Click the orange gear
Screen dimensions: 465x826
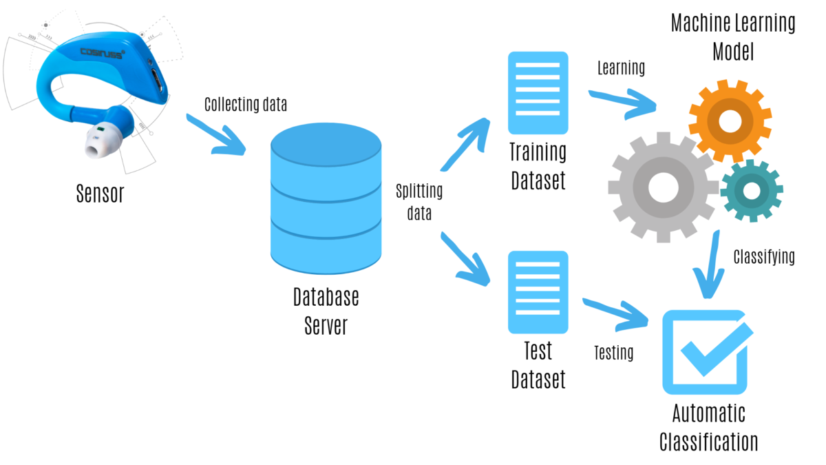pos(730,121)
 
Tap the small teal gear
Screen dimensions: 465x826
pos(751,190)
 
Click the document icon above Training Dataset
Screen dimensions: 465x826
pos(538,93)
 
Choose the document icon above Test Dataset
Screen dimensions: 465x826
pos(538,292)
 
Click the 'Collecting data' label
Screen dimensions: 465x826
pos(246,105)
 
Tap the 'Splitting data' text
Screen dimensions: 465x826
pos(420,202)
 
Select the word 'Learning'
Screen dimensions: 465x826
pos(621,68)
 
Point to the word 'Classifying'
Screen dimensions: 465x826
pos(764,257)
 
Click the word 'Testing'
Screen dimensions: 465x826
pos(613,353)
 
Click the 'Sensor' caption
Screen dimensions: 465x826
pos(100,194)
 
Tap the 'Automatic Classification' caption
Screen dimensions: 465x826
pos(708,427)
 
